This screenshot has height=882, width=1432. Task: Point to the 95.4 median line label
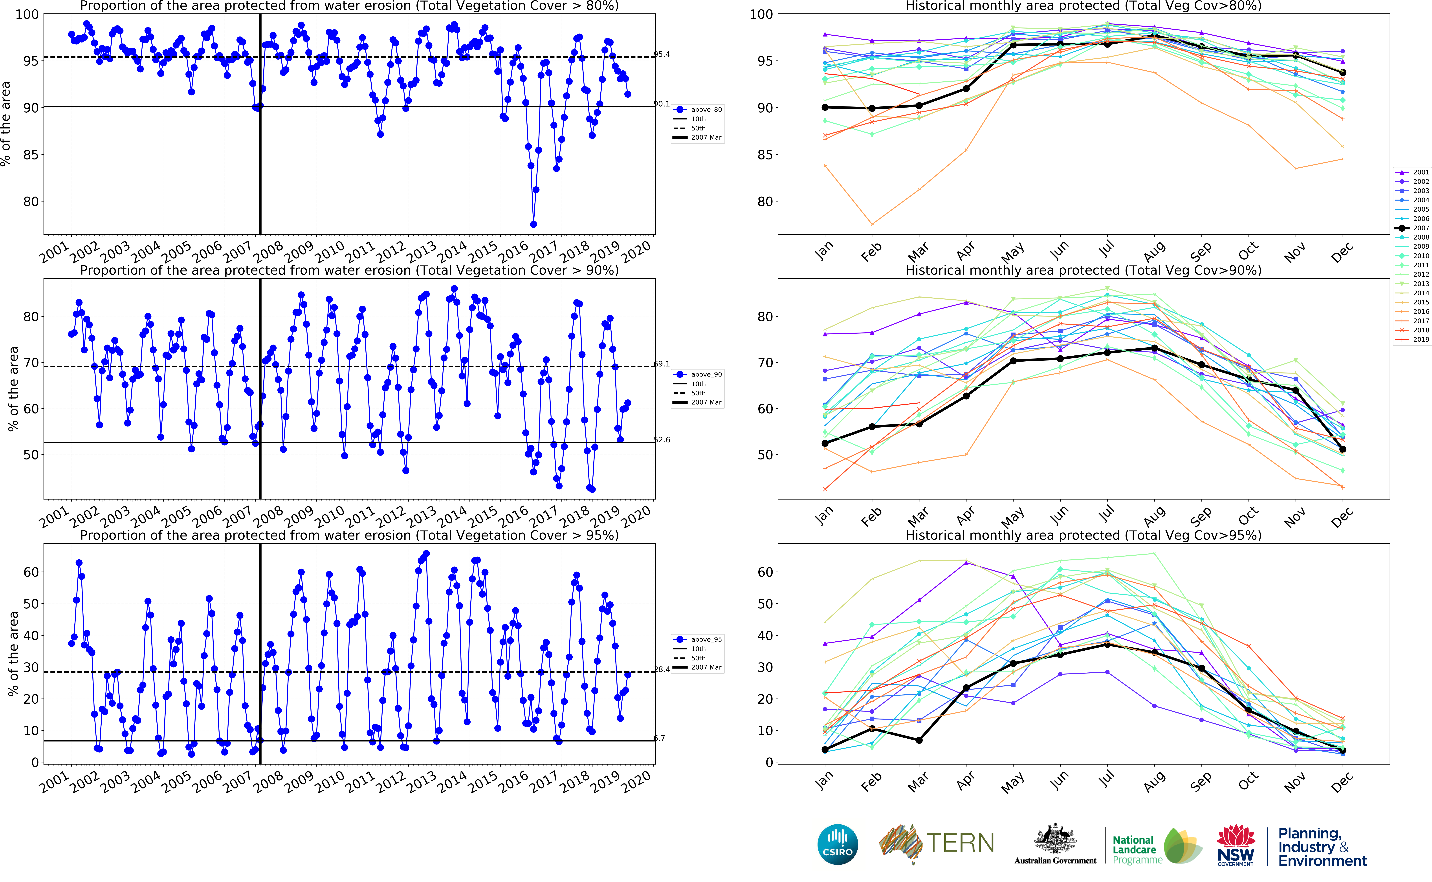click(662, 54)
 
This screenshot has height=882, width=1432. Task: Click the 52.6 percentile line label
click(662, 440)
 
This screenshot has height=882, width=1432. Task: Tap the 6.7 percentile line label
click(659, 738)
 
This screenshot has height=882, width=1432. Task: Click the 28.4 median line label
click(662, 669)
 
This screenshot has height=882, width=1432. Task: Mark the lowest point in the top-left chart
click(533, 224)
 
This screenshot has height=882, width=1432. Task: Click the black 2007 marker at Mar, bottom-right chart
click(919, 740)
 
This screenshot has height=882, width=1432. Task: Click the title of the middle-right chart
click(1083, 270)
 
